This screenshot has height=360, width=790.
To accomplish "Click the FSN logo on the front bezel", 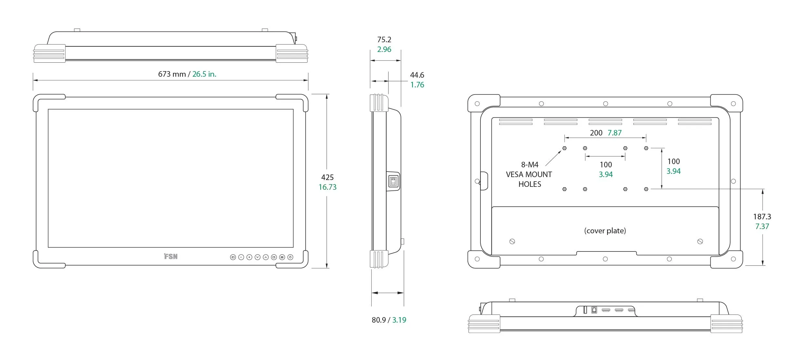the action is point(171,256).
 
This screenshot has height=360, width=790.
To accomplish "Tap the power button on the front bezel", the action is point(290,257).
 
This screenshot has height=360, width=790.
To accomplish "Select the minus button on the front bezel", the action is point(241,257).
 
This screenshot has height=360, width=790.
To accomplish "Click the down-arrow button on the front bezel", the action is point(258,257).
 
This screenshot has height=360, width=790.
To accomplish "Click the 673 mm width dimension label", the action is point(172,74).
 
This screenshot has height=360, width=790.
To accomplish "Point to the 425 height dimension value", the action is point(327,177).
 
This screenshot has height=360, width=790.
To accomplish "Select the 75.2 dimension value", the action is point(384,40).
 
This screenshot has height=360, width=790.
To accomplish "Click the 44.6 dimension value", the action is point(417,75).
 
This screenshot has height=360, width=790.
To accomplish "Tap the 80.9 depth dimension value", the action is point(379,320).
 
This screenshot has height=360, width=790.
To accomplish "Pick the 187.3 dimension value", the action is point(762,217).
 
